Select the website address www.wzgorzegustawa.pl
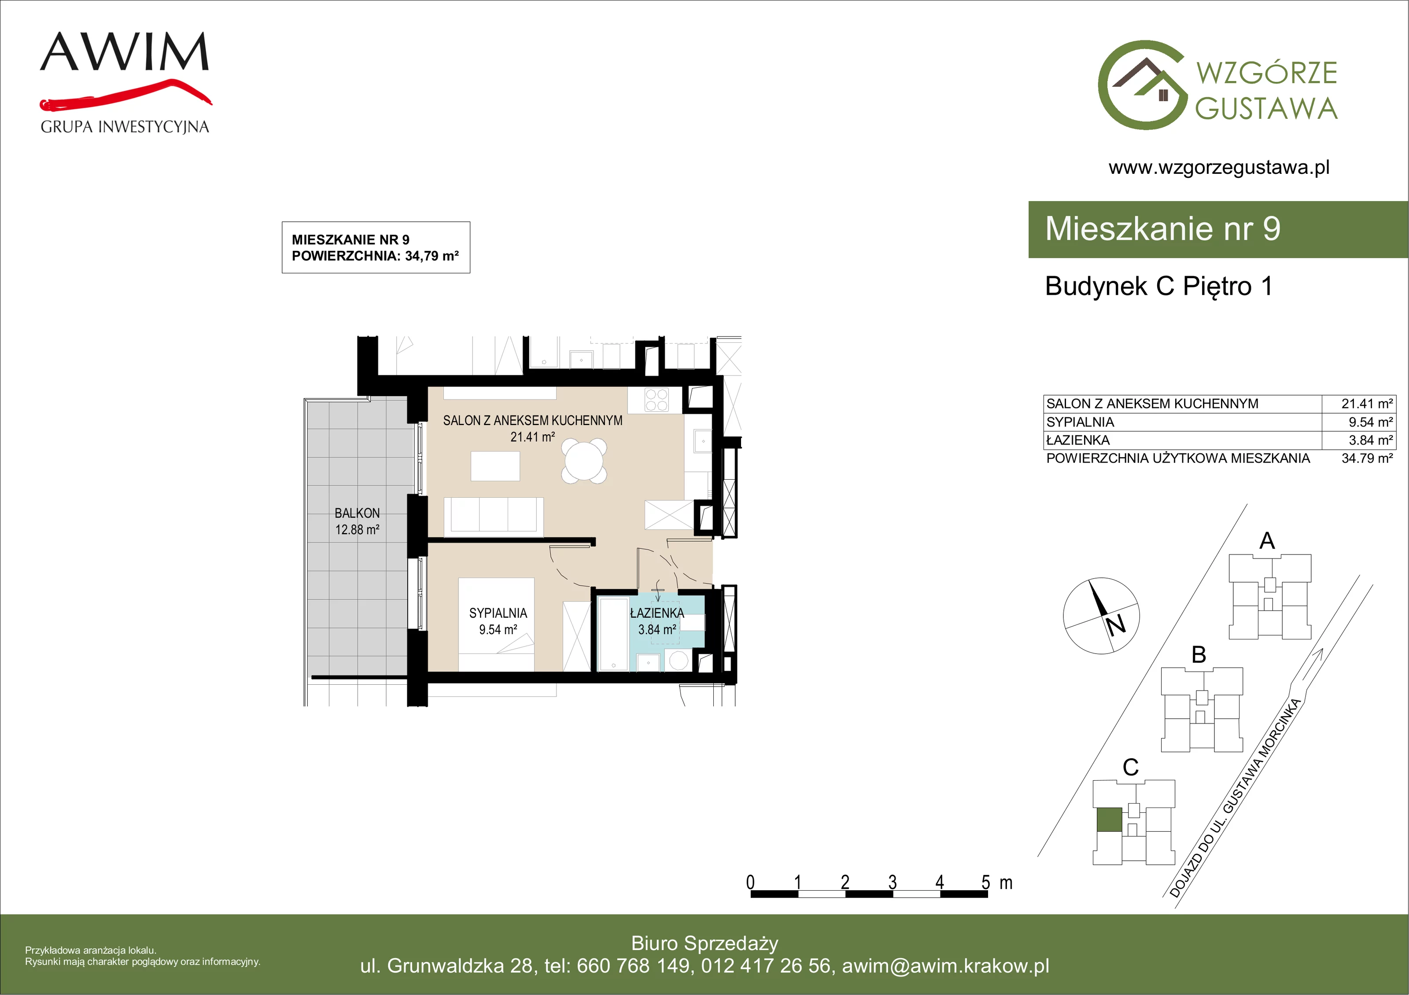pos(1219,168)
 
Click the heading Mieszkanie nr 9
pos(1162,229)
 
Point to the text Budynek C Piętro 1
pos(1158,286)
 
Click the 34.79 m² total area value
pos(1367,458)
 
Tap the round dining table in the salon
pos(584,461)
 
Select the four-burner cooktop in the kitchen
pos(656,400)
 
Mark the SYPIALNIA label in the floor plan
pos(498,613)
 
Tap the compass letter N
pos(1116,625)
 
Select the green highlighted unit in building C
pos(1109,819)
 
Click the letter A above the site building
pos(1267,540)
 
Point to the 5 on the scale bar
pos(985,882)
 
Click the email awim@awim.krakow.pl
pos(946,966)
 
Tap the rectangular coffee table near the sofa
pos(495,466)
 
